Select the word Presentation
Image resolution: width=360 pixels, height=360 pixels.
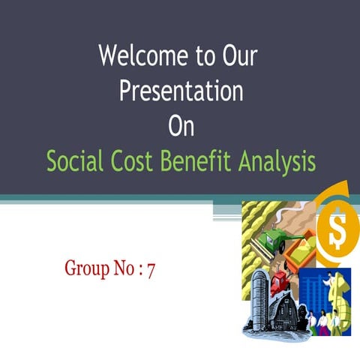tap(181, 91)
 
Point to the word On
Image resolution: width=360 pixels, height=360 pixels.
tap(181, 125)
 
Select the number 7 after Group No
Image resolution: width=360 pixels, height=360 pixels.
tap(151, 268)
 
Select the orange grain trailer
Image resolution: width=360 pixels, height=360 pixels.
tap(300, 259)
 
